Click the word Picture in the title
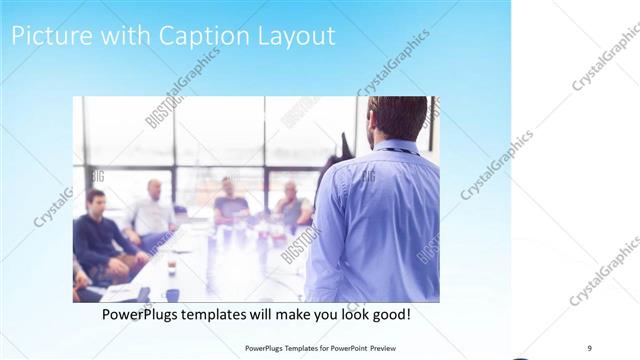[46, 37]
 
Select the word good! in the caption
[387, 314]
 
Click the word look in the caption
[345, 314]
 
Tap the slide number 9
[590, 347]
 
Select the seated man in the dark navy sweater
[100, 240]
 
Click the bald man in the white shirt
[153, 210]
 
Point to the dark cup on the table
[172, 268]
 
